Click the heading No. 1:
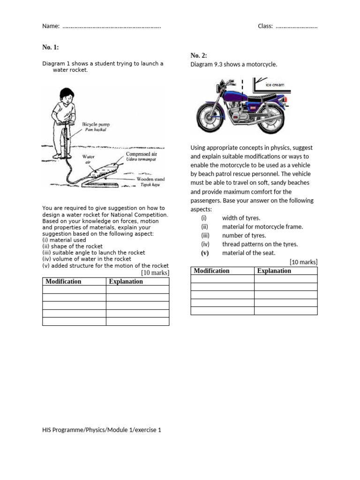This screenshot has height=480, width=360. pyautogui.click(x=51, y=47)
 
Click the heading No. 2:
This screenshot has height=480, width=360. pyautogui.click(x=199, y=55)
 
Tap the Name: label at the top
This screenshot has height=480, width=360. pyautogui.click(x=51, y=26)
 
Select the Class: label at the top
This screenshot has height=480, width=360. pyautogui.click(x=265, y=26)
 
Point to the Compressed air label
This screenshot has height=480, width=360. pyautogui.click(x=142, y=154)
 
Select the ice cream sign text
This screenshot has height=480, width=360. pyautogui.click(x=275, y=85)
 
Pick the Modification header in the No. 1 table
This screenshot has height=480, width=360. pyautogui.click(x=63, y=282)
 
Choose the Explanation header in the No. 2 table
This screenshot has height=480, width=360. pyautogui.click(x=274, y=271)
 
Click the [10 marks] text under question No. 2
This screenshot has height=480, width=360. pyautogui.click(x=303, y=262)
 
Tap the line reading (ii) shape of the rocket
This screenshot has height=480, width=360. pyautogui.click(x=73, y=246)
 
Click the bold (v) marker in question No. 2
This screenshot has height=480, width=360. pyautogui.click(x=204, y=253)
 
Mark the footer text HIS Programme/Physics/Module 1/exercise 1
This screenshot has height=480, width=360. pyautogui.click(x=102, y=430)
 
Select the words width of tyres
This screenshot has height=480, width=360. pyautogui.click(x=241, y=218)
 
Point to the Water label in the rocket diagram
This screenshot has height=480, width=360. pyautogui.click(x=89, y=157)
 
